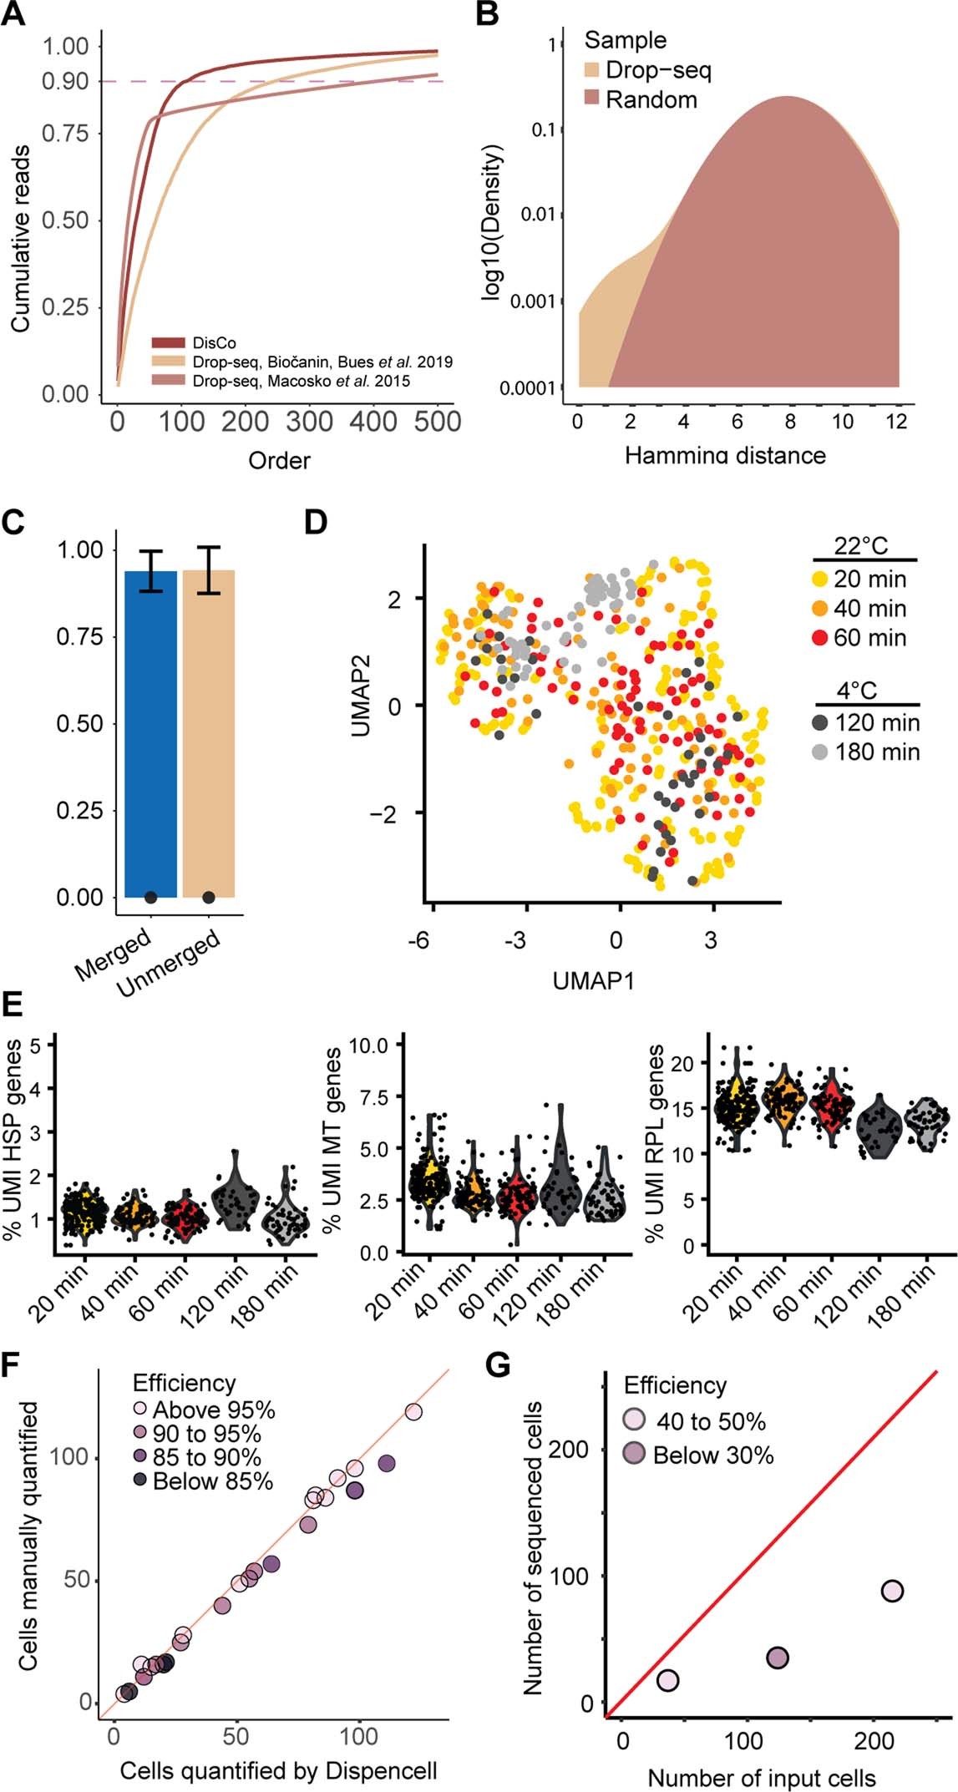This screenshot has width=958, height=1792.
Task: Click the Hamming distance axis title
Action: (x=724, y=455)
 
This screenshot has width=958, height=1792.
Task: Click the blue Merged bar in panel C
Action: (x=150, y=735)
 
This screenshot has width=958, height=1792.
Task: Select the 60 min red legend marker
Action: (x=819, y=638)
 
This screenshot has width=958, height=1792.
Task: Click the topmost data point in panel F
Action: (x=413, y=1412)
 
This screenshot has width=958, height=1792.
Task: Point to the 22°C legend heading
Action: (x=861, y=547)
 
